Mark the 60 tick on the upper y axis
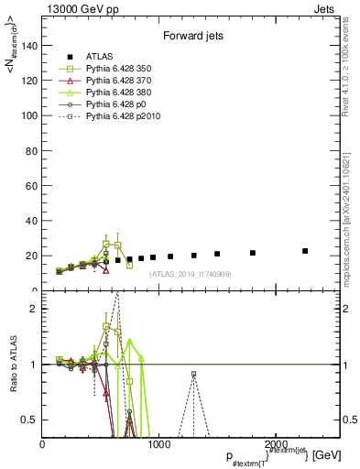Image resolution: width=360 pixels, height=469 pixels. point(34,186)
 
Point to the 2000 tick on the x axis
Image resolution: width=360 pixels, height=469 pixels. point(275,444)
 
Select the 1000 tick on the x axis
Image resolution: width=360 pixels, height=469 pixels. point(158,444)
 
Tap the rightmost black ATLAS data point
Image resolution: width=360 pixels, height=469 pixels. point(305,250)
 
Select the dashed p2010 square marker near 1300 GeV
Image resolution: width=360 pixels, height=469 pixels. point(193,374)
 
